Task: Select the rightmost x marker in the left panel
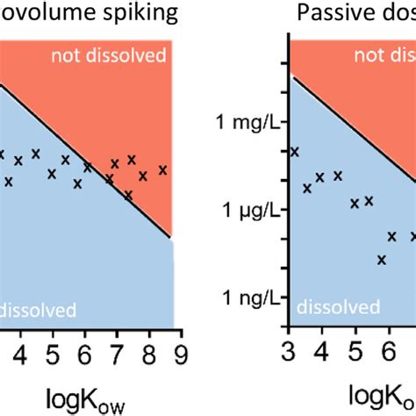[162, 169]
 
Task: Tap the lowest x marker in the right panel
[382, 259]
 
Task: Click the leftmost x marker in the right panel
[294, 152]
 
